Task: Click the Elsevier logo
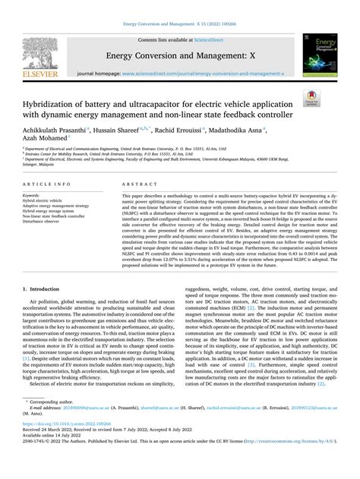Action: click(39, 54)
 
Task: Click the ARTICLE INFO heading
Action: click(49, 185)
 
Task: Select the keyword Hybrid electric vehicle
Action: click(47, 200)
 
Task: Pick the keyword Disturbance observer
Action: click(46, 222)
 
